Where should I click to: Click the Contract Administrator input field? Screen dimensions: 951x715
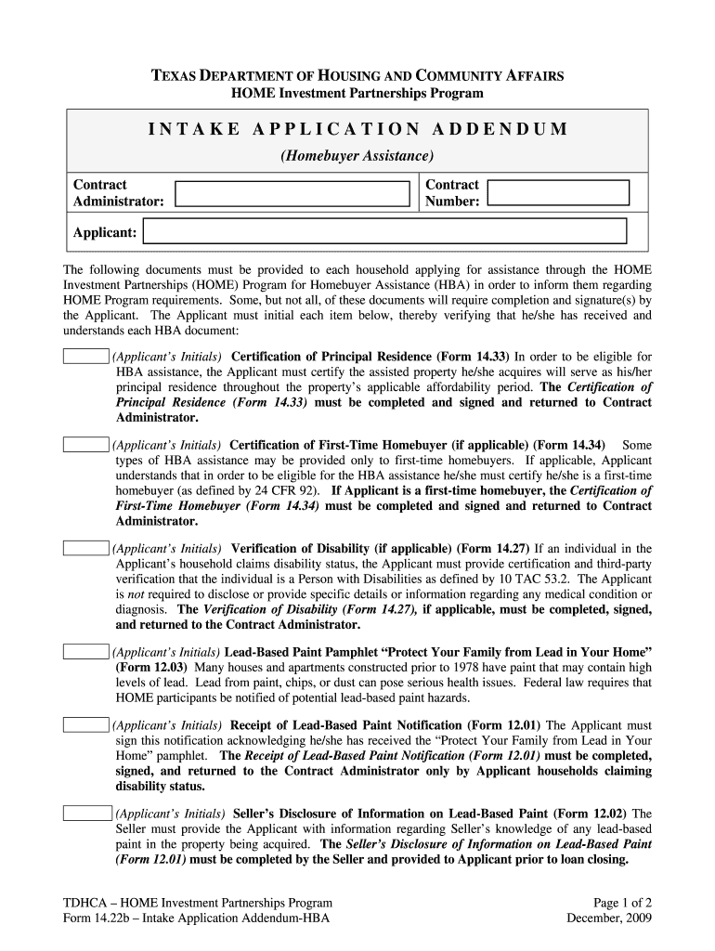(x=292, y=193)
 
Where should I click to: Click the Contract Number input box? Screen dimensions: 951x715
(x=559, y=193)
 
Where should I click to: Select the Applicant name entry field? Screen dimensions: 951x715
(x=385, y=231)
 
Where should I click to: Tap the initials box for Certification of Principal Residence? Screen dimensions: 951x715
(x=85, y=357)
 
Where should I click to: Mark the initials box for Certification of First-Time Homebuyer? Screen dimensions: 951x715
(x=85, y=445)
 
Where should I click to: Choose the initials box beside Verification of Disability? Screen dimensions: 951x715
(x=85, y=548)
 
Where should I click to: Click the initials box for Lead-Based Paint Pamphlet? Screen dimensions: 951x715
(x=85, y=652)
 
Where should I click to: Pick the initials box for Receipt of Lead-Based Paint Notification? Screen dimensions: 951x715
(x=85, y=725)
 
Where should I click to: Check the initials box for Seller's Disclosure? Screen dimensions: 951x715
(x=85, y=814)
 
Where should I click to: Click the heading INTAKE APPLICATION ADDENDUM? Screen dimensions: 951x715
(x=357, y=129)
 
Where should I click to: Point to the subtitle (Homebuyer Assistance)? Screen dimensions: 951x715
(x=357, y=155)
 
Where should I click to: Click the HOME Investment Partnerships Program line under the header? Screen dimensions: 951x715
(x=357, y=94)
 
